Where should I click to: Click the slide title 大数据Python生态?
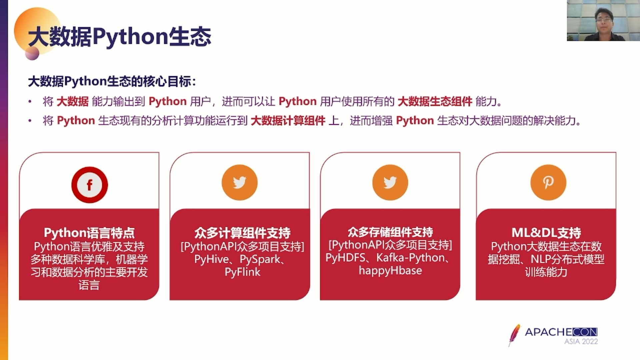click(x=120, y=36)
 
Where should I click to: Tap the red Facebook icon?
click(x=89, y=185)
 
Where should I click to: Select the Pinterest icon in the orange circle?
click(x=548, y=182)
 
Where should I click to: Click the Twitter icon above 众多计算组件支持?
click(x=239, y=182)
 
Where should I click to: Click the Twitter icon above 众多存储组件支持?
click(x=390, y=182)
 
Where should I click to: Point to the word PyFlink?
click(x=242, y=272)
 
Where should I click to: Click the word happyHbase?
click(x=390, y=270)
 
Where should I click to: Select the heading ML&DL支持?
click(x=546, y=233)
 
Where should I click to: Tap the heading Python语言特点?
click(x=89, y=233)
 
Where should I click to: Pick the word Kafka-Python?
click(x=411, y=258)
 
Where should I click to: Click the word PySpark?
click(x=260, y=259)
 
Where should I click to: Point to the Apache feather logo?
click(x=514, y=335)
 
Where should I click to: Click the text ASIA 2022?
click(x=581, y=341)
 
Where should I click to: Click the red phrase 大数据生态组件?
click(x=435, y=101)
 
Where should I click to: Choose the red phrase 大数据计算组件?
click(x=288, y=120)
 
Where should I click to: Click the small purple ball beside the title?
click(x=32, y=53)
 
